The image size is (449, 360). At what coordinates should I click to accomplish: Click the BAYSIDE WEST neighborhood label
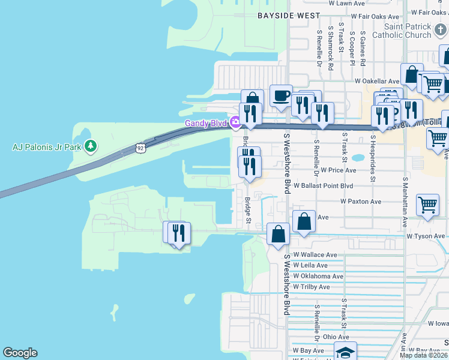point(285,15)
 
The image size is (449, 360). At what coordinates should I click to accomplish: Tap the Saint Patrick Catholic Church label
point(408,31)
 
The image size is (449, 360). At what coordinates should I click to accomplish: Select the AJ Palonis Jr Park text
point(46,146)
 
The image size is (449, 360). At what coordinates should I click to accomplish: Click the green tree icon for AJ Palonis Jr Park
point(90,146)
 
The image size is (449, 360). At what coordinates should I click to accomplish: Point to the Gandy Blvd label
point(205,124)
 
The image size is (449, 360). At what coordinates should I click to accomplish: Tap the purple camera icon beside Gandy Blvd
point(235,123)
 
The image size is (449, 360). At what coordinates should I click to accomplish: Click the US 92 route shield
point(140,147)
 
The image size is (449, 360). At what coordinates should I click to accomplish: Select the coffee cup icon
point(281,95)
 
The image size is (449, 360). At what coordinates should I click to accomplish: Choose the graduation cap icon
point(345,352)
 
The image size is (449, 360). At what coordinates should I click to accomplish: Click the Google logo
point(20,353)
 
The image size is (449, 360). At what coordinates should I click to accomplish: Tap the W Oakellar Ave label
point(376,81)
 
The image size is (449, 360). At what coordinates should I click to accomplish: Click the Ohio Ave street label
point(336,337)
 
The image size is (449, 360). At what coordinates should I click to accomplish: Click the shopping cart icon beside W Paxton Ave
point(427,205)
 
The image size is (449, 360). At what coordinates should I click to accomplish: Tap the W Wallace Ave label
point(315,255)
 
